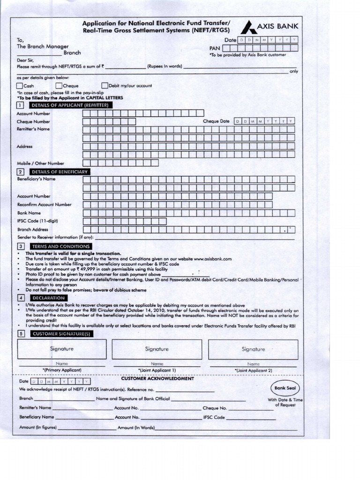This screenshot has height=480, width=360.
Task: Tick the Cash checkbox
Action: click(x=19, y=86)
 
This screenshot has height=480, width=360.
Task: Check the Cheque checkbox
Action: click(x=59, y=86)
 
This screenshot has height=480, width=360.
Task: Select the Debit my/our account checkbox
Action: click(x=105, y=85)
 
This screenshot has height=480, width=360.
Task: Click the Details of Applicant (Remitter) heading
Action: click(x=69, y=105)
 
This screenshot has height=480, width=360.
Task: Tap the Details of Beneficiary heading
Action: click(x=59, y=172)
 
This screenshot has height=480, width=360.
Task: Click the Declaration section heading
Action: click(x=48, y=298)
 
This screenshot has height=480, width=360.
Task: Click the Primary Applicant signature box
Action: click(x=62, y=349)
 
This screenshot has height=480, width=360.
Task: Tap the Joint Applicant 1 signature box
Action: click(x=157, y=349)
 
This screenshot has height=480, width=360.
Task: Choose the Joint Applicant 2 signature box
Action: click(x=253, y=349)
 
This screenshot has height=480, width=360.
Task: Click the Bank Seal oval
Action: click(x=285, y=388)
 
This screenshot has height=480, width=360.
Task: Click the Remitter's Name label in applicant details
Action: click(x=33, y=129)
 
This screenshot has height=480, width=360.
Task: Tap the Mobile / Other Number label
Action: click(x=40, y=163)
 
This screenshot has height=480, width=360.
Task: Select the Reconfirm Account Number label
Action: click(x=44, y=204)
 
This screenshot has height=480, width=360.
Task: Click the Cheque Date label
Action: click(x=216, y=121)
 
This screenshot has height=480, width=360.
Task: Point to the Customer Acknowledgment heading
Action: click(x=157, y=379)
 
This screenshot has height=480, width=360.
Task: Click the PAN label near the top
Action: click(x=214, y=48)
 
